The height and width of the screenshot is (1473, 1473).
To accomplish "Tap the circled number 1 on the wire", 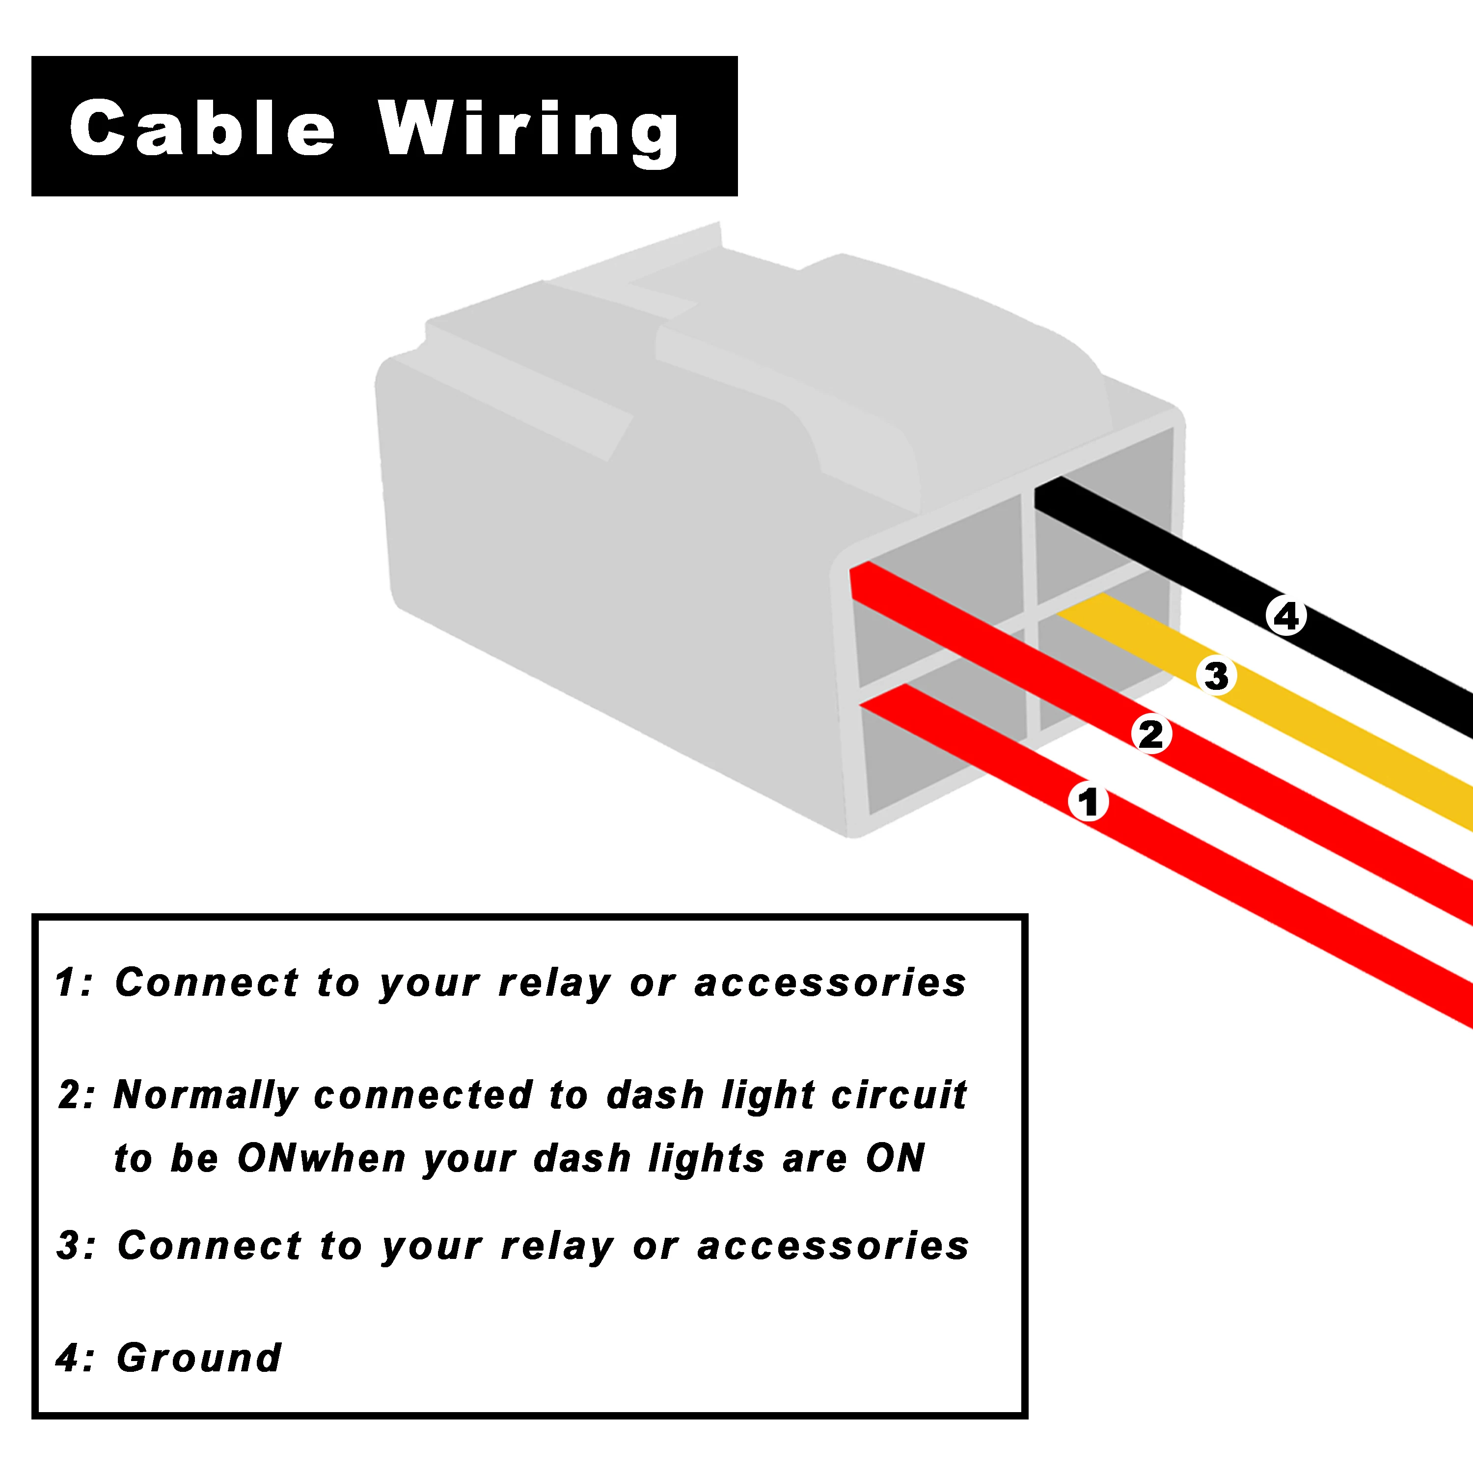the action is [x=1088, y=802].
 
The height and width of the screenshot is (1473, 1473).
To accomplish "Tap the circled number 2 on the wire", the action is [x=1151, y=734].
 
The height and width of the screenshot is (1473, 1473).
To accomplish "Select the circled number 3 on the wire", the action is [x=1217, y=676].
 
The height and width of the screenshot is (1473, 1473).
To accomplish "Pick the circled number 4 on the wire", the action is [x=1287, y=616].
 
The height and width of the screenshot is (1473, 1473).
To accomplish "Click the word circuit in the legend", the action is [x=899, y=1095].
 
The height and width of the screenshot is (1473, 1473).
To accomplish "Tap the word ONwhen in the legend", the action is [x=322, y=1158].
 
